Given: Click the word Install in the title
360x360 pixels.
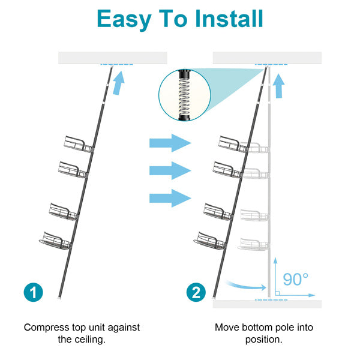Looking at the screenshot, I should point(229,19).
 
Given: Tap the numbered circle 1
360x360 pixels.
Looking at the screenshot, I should point(34,292).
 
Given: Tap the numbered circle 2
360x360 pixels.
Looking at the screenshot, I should point(195,292).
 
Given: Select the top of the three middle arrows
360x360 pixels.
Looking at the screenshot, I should point(170,143).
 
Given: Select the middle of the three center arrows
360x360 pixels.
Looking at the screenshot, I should point(170,170).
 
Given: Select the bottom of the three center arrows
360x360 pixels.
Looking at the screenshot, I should point(170,197).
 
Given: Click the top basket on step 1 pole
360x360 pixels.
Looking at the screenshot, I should point(77,144).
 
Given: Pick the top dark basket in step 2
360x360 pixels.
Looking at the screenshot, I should point(232,144).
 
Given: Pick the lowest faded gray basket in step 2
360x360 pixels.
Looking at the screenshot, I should point(254,243).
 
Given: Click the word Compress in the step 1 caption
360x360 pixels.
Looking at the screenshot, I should point(48,328).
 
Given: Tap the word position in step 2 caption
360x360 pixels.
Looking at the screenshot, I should point(263,339).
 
